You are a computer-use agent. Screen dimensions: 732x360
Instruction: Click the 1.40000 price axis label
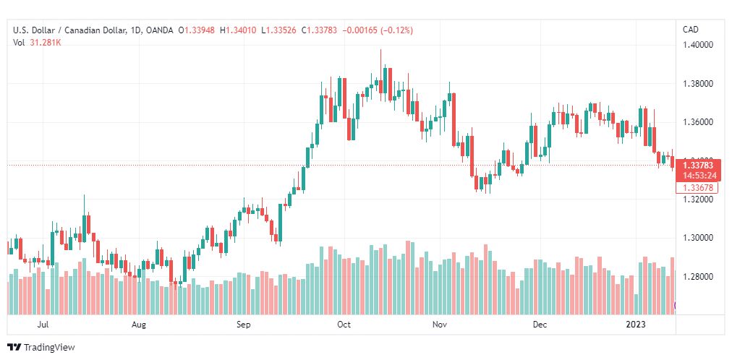coord(698,46)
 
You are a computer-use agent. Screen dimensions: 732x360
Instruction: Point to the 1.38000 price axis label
coord(698,84)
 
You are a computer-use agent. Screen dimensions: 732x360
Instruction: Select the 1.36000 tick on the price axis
coord(698,122)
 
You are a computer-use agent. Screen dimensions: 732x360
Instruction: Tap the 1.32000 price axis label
coord(698,200)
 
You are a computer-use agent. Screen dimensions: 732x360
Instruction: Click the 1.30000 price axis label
coord(698,238)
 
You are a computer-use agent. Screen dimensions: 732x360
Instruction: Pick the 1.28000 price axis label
coord(698,277)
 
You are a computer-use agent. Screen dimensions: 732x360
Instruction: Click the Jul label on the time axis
coord(43,325)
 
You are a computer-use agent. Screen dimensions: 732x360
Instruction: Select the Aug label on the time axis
coord(139,325)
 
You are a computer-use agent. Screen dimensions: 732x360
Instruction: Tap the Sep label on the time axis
coord(243,325)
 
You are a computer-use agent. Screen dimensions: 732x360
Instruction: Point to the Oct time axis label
coord(344,325)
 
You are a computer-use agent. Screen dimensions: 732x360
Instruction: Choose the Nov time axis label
coord(439,325)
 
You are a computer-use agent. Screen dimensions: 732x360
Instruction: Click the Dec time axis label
coord(540,325)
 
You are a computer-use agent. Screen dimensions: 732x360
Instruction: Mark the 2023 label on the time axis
coord(636,325)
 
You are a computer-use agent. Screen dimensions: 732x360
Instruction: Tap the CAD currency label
coord(691,30)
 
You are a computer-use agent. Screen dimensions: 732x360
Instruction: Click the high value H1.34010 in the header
coord(241,31)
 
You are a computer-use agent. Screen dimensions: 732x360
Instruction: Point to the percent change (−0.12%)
coord(397,31)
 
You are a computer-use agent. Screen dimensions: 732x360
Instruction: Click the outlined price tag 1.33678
coord(698,188)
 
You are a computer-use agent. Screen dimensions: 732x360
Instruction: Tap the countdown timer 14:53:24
coord(698,176)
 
